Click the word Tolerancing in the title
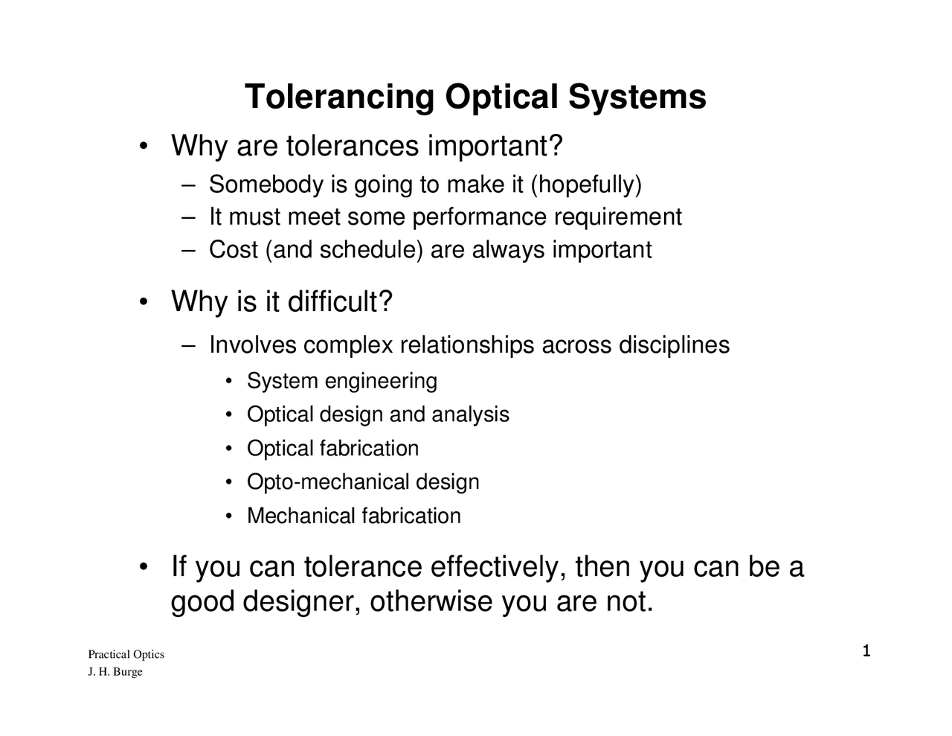click(x=339, y=97)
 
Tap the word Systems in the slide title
click(x=637, y=97)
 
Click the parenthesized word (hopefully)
click(x=585, y=185)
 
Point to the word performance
click(x=481, y=217)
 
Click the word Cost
click(x=233, y=250)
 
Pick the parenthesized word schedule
click(x=370, y=250)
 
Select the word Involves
click(x=252, y=345)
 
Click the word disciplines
click(x=674, y=345)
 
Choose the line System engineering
click(x=341, y=381)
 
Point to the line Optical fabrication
click(x=332, y=449)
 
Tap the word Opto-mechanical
click(x=327, y=482)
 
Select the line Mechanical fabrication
click(x=353, y=516)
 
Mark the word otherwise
click(x=431, y=601)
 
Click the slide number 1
click(x=866, y=653)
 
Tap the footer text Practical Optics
click(x=126, y=655)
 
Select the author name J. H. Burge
click(x=115, y=672)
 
